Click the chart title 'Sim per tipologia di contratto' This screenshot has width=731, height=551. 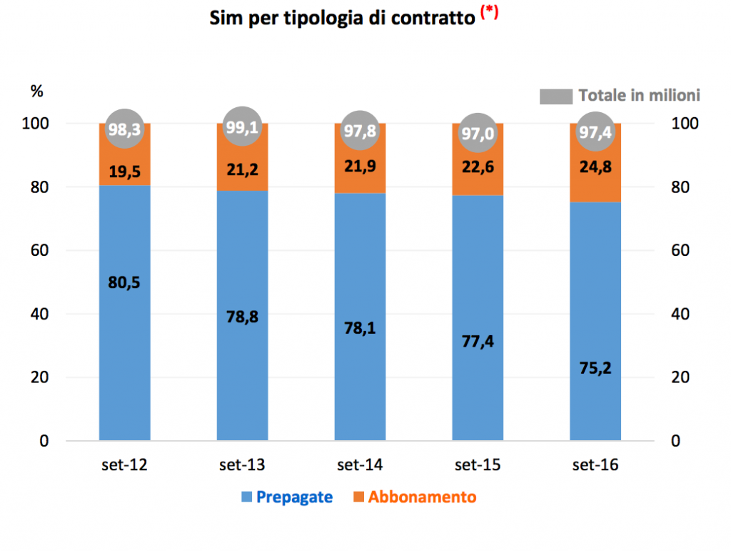coord(342,19)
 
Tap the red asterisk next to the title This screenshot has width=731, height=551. coord(490,13)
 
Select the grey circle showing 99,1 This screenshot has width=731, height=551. coord(242,129)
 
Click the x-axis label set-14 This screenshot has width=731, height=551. coord(360,465)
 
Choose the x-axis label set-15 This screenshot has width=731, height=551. coord(478,465)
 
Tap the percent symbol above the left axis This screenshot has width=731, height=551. coord(36,91)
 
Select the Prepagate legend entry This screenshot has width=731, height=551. coord(286,497)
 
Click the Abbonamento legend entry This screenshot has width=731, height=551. coord(413,497)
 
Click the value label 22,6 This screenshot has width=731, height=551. coord(478,166)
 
